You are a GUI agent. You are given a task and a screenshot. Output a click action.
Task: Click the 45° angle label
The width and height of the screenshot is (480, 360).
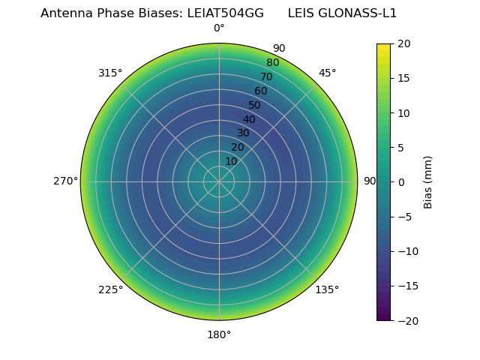[328, 73]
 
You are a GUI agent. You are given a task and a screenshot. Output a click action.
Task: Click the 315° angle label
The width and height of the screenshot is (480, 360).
[110, 73]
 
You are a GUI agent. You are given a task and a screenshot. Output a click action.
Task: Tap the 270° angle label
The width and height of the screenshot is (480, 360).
[66, 181]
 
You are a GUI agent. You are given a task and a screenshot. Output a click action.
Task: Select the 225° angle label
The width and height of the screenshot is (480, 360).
[110, 290]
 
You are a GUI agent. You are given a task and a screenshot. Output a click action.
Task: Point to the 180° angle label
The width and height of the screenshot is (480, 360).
[219, 334]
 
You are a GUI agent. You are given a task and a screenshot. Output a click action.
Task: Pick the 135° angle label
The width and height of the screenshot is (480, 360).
[328, 290]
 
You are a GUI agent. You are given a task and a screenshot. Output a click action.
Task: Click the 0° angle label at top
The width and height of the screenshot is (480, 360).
[219, 28]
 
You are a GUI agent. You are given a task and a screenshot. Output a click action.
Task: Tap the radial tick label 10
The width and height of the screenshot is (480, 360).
[232, 161]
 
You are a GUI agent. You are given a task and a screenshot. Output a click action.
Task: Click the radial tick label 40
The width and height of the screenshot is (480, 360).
[249, 119]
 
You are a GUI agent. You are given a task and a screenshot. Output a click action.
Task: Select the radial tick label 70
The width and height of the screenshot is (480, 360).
[267, 76]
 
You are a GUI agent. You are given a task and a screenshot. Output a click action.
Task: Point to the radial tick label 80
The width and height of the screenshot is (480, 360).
[273, 62]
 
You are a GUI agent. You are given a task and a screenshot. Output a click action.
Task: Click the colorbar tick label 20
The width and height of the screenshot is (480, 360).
[404, 44]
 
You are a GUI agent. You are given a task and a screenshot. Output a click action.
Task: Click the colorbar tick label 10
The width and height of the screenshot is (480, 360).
[404, 113]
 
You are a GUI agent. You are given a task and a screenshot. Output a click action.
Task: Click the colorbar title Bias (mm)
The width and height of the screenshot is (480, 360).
[428, 182]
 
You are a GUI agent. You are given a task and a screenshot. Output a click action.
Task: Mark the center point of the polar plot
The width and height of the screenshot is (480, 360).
[219, 181]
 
